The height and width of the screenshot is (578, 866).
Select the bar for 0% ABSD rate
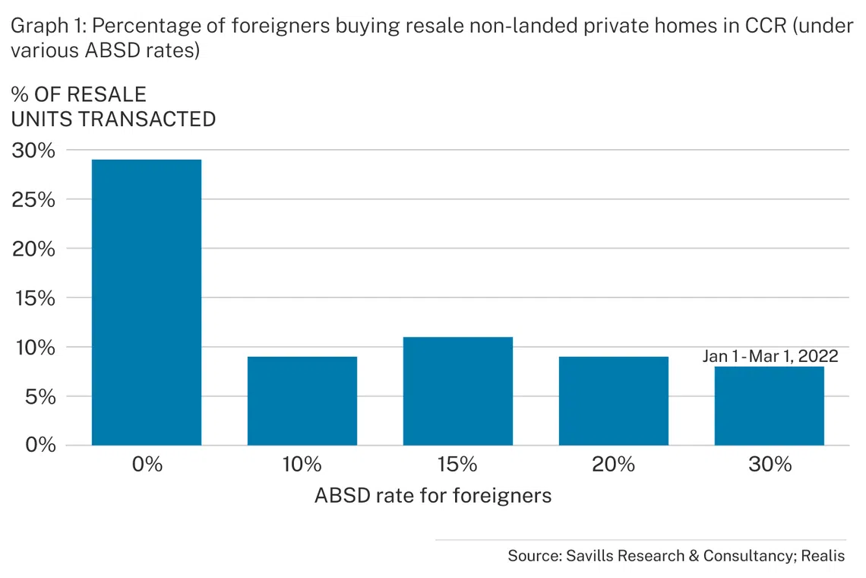pos(147,302)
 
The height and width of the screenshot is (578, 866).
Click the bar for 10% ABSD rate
pos(302,401)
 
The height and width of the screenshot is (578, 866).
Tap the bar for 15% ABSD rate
pos(458,391)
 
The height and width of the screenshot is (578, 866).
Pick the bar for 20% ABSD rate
pos(614,401)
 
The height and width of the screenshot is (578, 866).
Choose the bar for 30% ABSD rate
pos(769,405)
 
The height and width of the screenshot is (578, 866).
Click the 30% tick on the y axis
pos(33,151)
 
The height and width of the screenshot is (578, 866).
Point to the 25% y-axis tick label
pos(33,200)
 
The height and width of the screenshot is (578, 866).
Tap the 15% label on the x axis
pos(458,464)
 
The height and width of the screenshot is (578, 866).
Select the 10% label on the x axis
pos(302,464)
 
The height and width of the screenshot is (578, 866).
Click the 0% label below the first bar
pos(147,464)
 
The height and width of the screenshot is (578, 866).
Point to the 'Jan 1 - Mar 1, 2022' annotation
pos(770,356)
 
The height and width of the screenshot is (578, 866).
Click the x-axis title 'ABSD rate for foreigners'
pos(432,496)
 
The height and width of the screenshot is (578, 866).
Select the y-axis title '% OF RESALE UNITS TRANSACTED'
pos(113,107)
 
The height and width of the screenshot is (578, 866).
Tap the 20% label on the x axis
pos(614,464)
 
